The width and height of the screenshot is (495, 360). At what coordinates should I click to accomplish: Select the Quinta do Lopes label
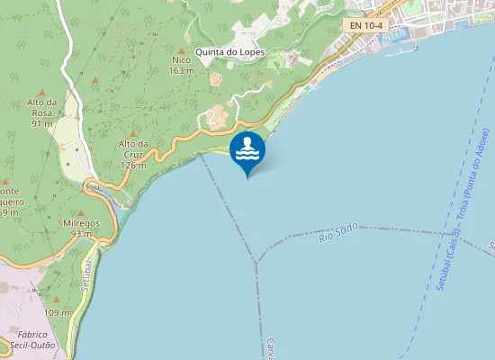coord(229,52)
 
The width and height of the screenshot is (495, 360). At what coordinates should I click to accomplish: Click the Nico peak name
coord(182,60)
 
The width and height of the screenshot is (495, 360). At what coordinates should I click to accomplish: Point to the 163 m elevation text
coord(182,70)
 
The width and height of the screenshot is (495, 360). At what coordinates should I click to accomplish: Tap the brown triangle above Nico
coord(182,50)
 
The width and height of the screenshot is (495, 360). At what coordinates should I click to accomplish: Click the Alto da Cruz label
coord(132,144)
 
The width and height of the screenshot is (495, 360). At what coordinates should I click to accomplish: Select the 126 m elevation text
coord(133,166)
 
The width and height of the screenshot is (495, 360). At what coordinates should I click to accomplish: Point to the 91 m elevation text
coord(42,123)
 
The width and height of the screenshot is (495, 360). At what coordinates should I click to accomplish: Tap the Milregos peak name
coord(81,223)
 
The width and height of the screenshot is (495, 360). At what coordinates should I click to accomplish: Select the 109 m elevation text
coord(57,312)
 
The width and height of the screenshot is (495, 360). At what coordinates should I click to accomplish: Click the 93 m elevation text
coord(82,234)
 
